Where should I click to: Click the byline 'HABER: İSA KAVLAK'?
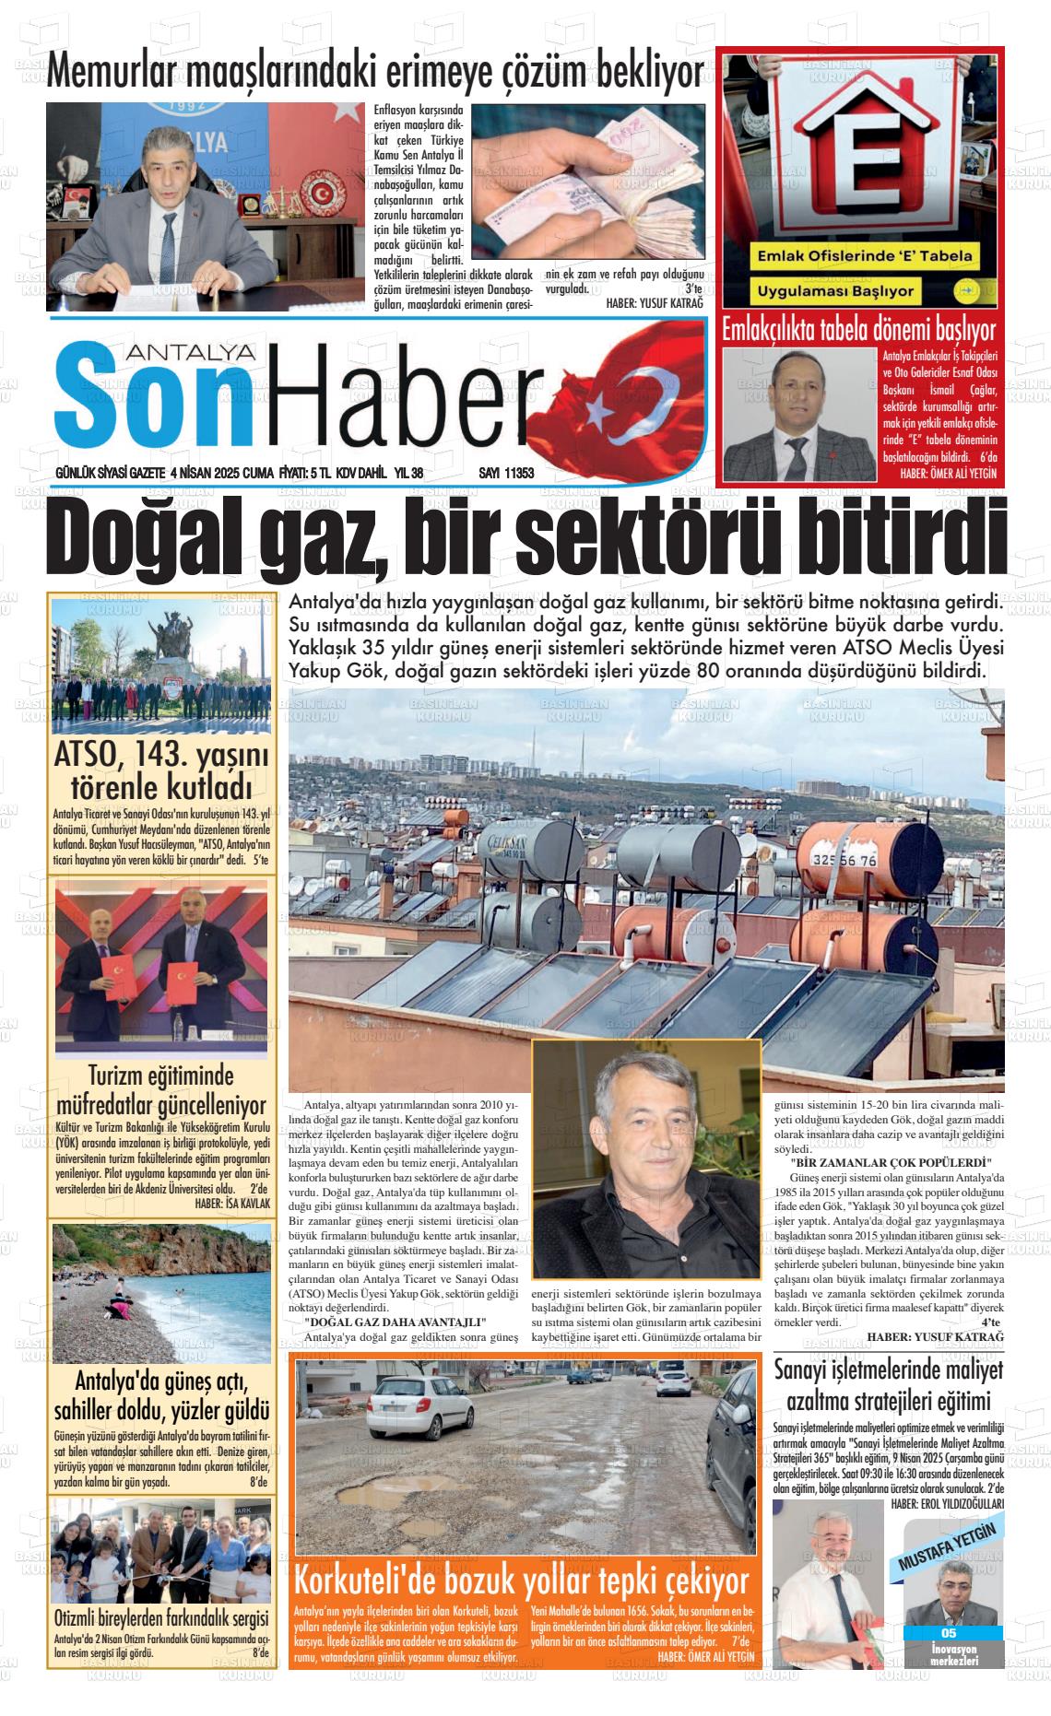(x=232, y=1204)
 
